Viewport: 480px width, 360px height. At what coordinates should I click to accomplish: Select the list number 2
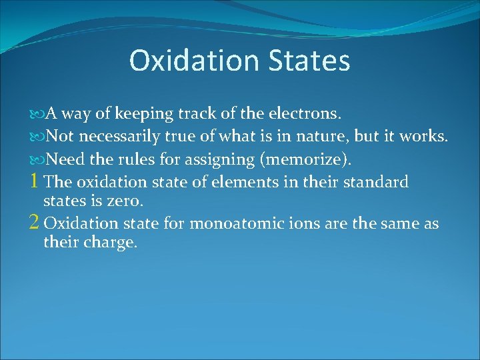(35, 223)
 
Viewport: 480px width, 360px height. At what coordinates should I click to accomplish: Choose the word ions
(306, 223)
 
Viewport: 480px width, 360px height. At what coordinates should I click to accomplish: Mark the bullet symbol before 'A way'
(37, 114)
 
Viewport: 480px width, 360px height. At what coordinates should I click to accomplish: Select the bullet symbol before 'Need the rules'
(37, 159)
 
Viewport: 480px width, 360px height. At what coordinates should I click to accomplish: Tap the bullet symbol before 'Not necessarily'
(37, 137)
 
